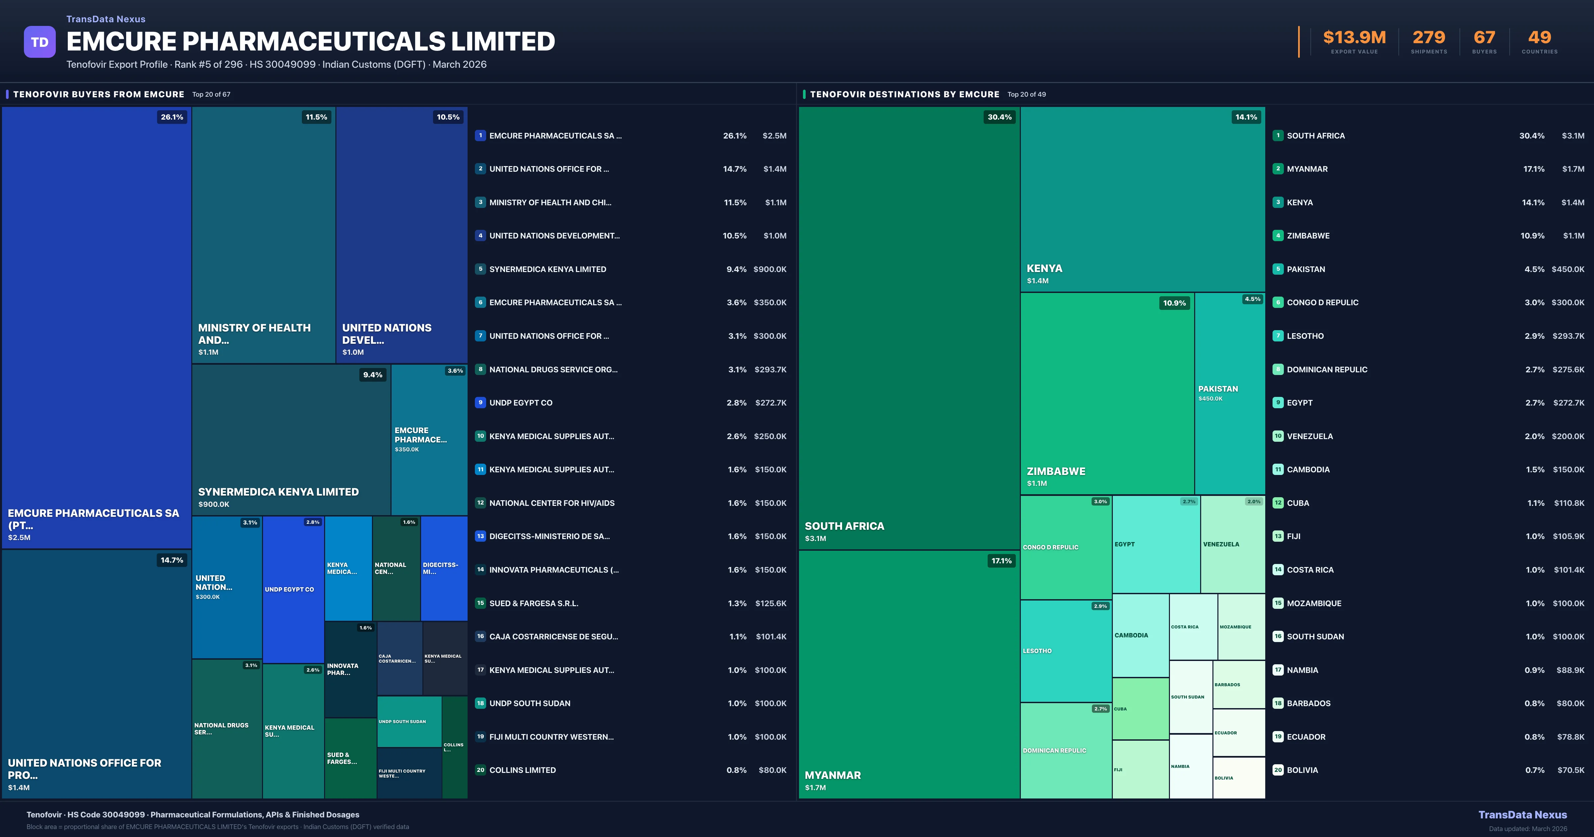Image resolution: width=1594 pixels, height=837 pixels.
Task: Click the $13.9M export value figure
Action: click(x=1354, y=38)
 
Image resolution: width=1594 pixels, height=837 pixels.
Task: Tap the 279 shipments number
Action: click(x=1428, y=38)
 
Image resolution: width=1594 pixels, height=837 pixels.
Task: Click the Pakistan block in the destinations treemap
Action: click(x=1229, y=394)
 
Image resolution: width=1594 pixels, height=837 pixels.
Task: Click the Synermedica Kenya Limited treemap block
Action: click(x=291, y=439)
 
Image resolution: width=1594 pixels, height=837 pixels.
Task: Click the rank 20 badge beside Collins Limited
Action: click(x=480, y=770)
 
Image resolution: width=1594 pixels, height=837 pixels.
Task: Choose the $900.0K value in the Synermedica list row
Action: click(x=770, y=269)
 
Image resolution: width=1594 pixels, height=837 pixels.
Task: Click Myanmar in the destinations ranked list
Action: click(x=1307, y=169)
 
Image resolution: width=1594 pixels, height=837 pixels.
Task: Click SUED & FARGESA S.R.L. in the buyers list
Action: click(x=533, y=603)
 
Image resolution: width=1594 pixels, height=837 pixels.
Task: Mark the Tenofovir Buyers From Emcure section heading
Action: click(x=98, y=94)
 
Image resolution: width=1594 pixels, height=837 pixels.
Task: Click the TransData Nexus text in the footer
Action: click(x=1522, y=815)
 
